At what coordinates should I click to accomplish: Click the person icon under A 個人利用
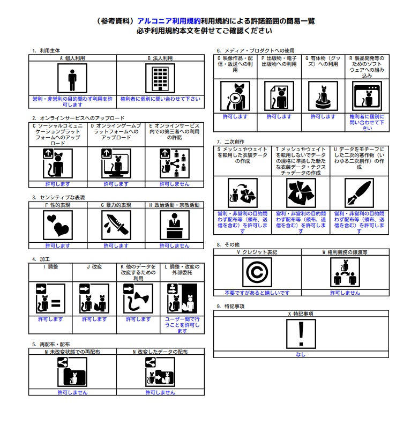point(72,79)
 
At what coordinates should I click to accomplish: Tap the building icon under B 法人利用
point(160,79)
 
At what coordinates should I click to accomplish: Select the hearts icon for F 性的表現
point(57,225)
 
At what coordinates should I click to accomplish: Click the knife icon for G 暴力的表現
point(116,225)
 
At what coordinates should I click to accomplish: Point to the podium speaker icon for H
point(174,225)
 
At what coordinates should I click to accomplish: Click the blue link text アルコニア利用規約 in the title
point(169,21)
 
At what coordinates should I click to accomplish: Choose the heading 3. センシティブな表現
point(58,197)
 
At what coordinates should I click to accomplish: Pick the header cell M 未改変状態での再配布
point(72,352)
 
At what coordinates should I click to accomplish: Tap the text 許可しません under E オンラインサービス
point(174,184)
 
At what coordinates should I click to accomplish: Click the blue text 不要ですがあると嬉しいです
point(257,293)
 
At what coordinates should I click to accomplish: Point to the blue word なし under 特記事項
point(301,354)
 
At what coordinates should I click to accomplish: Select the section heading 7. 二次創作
point(230,141)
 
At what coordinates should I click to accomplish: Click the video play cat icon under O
point(235,96)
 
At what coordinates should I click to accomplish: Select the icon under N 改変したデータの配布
point(160,372)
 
